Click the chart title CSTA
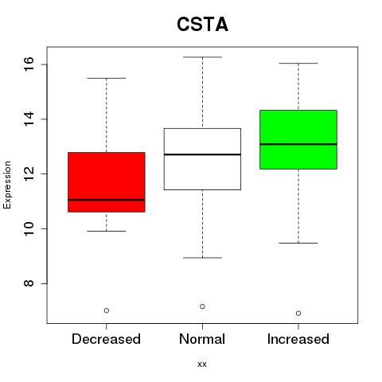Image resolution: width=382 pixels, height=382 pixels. (202, 25)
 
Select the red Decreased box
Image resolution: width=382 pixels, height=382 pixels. (107, 182)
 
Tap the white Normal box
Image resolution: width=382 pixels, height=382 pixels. (202, 159)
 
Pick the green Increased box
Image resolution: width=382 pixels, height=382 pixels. (298, 139)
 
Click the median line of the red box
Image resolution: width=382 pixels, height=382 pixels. (107, 200)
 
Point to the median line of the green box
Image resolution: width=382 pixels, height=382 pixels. (298, 144)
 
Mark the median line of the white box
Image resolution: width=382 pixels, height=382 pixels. (202, 154)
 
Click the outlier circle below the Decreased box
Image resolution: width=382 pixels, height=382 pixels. (107, 310)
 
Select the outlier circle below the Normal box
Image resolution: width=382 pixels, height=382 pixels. (202, 306)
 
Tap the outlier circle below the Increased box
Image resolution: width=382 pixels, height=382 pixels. (298, 314)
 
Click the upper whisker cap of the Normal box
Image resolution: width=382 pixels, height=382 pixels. (202, 57)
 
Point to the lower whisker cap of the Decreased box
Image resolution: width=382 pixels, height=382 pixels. (107, 231)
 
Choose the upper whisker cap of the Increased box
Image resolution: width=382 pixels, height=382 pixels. (298, 64)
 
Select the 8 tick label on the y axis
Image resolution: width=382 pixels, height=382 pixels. (29, 283)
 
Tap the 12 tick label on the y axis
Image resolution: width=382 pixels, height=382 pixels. (29, 173)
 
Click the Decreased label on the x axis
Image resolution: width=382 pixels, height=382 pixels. (106, 339)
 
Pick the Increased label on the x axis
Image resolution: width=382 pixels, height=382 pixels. (298, 339)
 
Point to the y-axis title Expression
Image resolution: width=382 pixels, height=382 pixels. (7, 185)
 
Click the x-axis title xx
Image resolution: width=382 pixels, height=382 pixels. (202, 364)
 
